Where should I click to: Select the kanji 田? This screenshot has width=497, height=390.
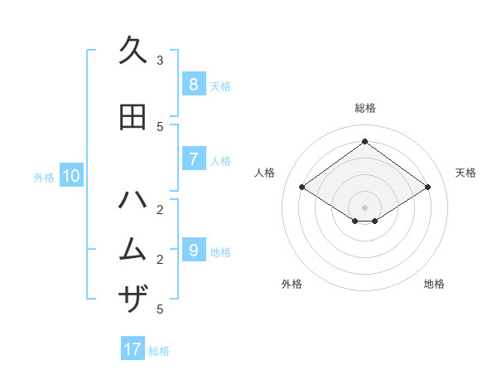pyautogui.click(x=133, y=117)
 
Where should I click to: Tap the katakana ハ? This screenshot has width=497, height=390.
pyautogui.click(x=133, y=200)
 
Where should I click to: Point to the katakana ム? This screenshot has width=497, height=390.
pyautogui.click(x=133, y=250)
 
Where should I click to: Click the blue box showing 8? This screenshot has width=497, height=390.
pyautogui.click(x=193, y=85)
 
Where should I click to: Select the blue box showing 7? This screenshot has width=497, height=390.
pyautogui.click(x=193, y=159)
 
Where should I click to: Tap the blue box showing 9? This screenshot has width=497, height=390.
pyautogui.click(x=193, y=251)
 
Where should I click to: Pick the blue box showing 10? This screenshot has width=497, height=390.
pyautogui.click(x=70, y=176)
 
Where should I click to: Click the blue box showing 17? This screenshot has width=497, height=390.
pyautogui.click(x=133, y=349)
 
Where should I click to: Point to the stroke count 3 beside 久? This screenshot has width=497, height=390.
pyautogui.click(x=160, y=61)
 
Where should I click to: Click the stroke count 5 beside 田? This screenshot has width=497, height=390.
pyautogui.click(x=160, y=127)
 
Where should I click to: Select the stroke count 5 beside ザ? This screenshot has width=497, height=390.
pyautogui.click(x=160, y=310)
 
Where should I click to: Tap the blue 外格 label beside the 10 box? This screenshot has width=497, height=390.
pyautogui.click(x=43, y=177)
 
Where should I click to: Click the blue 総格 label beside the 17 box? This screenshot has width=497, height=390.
pyautogui.click(x=159, y=351)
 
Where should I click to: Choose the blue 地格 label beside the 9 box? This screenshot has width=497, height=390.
pyautogui.click(x=220, y=252)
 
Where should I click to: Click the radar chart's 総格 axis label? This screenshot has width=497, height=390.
pyautogui.click(x=364, y=108)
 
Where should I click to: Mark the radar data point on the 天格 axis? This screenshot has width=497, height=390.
pyautogui.click(x=427, y=188)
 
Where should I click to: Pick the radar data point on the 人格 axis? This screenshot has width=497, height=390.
pyautogui.click(x=302, y=188)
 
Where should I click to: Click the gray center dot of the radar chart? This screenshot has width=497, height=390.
pyautogui.click(x=364, y=207)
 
